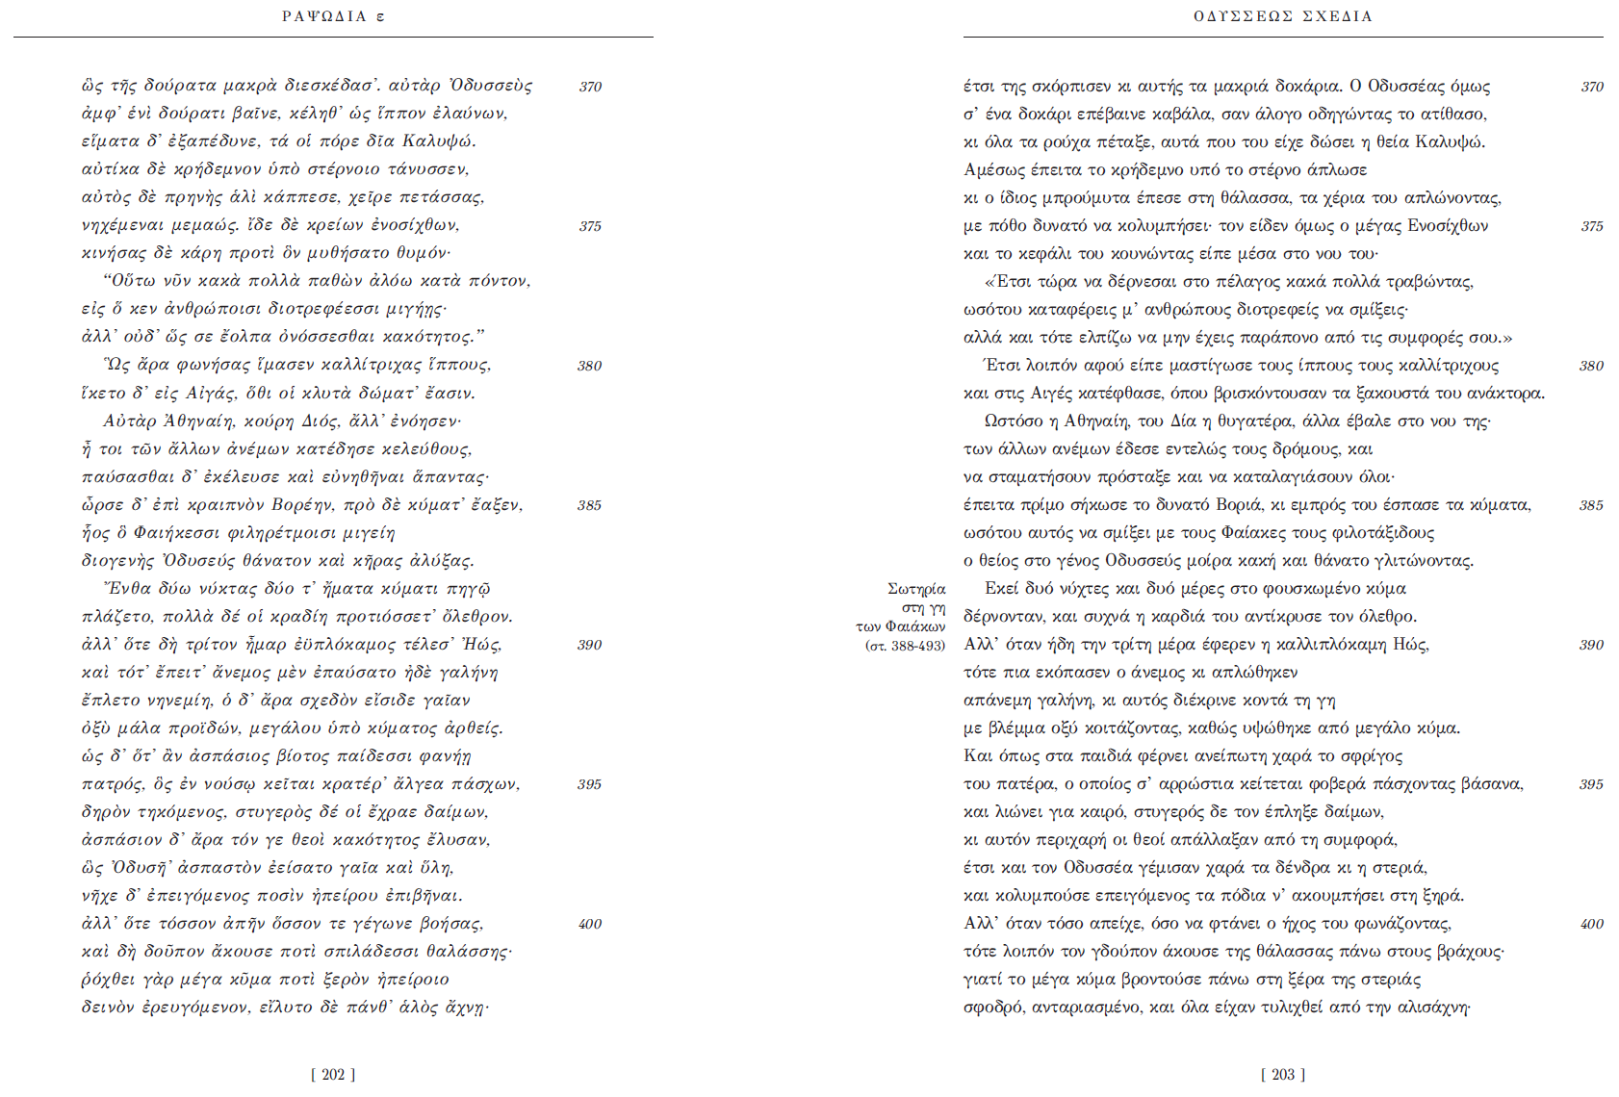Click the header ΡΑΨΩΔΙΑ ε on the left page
coord(333,16)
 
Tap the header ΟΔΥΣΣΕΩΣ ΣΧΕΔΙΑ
coord(1282,16)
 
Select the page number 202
coord(333,1074)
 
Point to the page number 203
coord(1283,1074)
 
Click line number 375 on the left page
coord(590,226)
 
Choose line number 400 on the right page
coord(1591,924)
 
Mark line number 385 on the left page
coord(589,505)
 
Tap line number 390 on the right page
coord(1591,645)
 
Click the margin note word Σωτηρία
coord(916,589)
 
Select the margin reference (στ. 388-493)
coord(905,646)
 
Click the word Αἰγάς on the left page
coord(211,394)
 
